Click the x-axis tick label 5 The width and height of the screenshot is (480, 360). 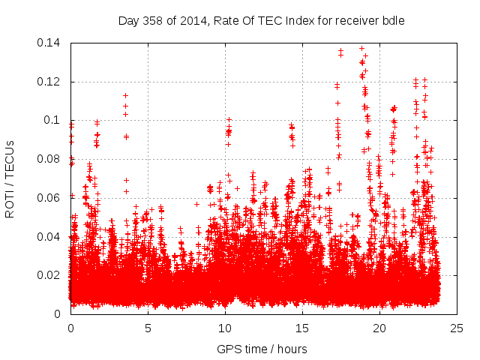click(148, 328)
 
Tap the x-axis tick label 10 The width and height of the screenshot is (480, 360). click(225, 328)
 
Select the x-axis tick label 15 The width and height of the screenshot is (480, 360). click(302, 328)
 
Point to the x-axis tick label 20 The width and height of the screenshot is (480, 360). click(379, 328)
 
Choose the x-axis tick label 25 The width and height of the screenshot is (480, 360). click(457, 328)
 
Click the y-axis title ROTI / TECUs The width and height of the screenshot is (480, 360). click(10, 178)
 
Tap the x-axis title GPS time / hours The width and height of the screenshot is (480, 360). click(262, 349)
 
